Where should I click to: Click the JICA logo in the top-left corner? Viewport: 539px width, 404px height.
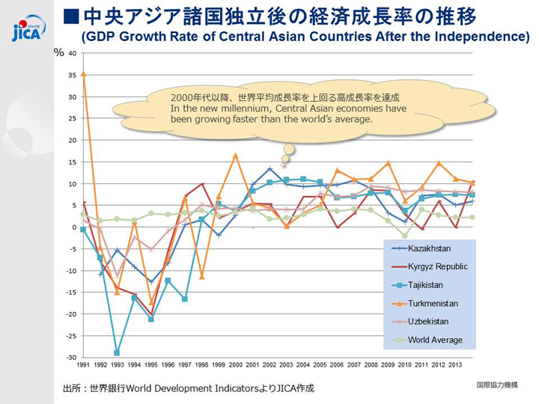[x=28, y=28]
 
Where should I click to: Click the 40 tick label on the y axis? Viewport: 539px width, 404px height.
[x=71, y=53]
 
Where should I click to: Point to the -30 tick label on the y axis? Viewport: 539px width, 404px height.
[x=70, y=357]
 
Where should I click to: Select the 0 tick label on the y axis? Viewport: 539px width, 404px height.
[x=73, y=227]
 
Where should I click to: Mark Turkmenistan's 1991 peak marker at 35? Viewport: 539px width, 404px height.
[x=83, y=74]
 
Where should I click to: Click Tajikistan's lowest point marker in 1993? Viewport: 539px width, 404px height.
[x=118, y=352]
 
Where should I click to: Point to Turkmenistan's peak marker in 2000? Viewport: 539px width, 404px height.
[x=235, y=155]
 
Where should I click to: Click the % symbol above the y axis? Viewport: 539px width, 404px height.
[x=58, y=52]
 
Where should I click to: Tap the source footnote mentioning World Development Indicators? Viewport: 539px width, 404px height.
[x=188, y=388]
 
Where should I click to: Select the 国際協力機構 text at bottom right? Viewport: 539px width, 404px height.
[x=496, y=385]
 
